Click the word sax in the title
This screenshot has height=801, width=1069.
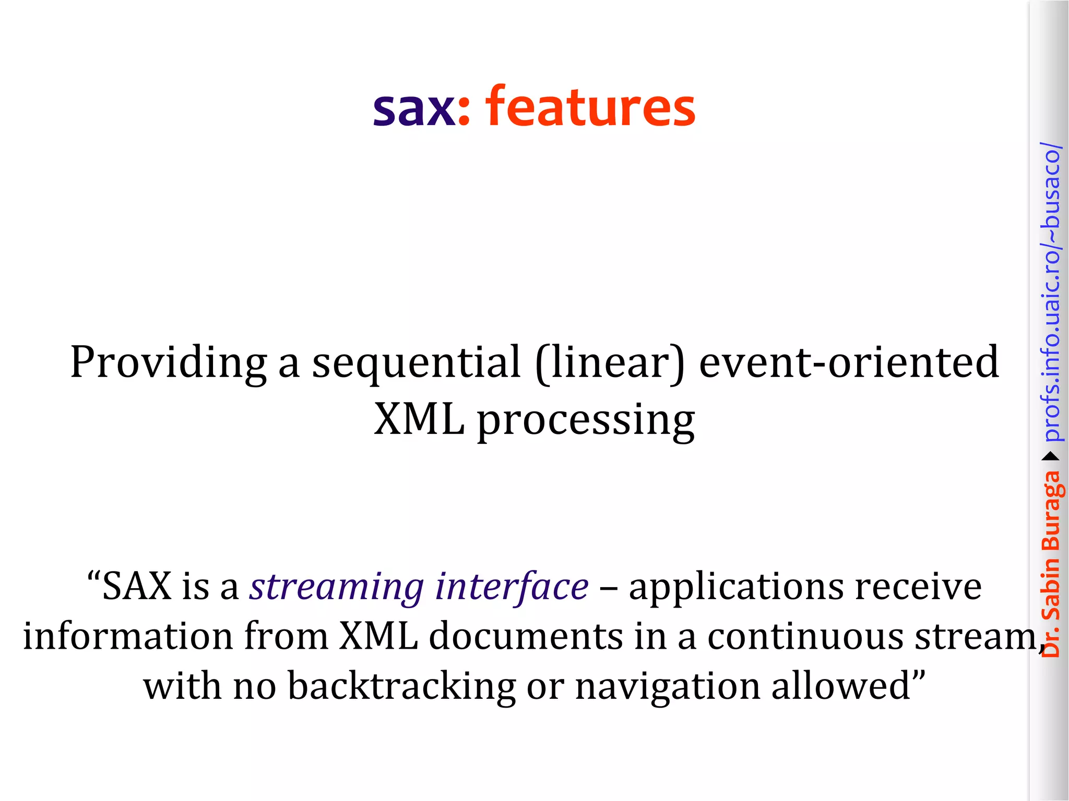[x=414, y=108]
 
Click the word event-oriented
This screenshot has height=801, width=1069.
[x=849, y=362]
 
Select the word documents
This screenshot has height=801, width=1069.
[x=526, y=636]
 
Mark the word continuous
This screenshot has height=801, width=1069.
[x=805, y=636]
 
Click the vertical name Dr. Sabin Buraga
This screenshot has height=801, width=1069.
[x=1051, y=564]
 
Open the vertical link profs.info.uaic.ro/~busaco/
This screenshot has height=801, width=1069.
[x=1051, y=292]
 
